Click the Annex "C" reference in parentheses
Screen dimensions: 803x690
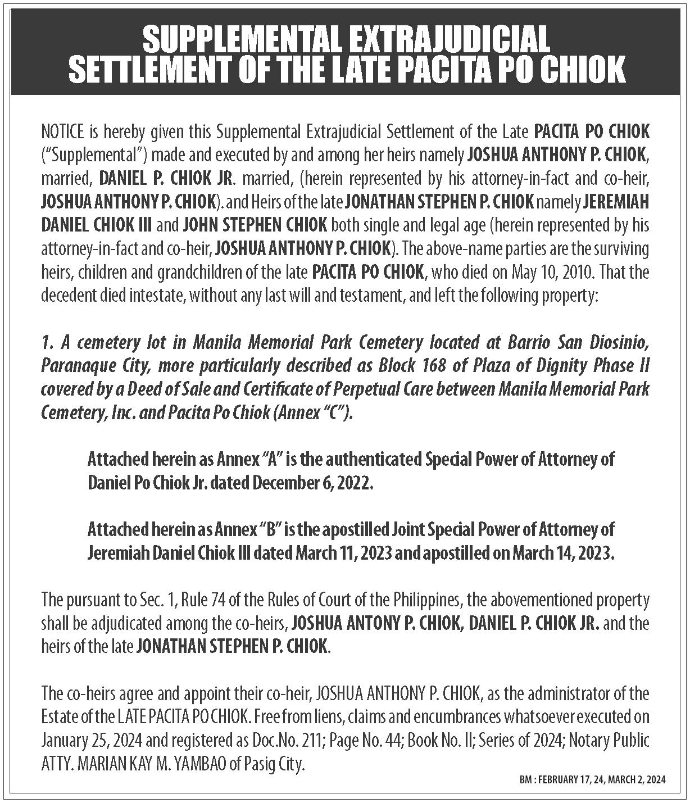click(x=316, y=413)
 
